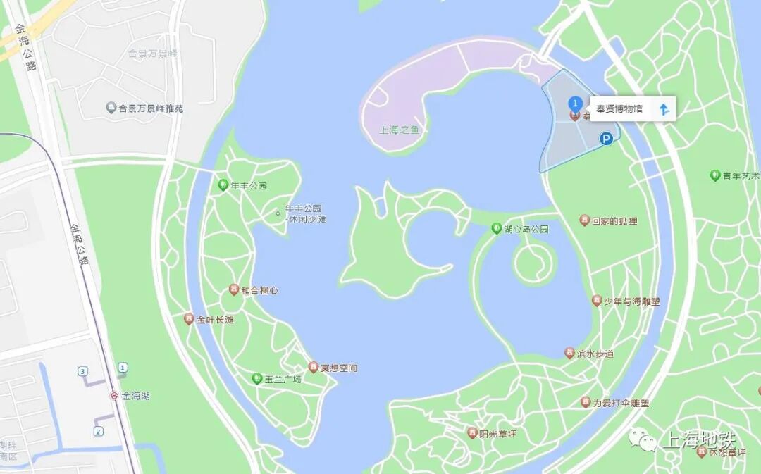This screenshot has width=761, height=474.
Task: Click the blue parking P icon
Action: point(606,139)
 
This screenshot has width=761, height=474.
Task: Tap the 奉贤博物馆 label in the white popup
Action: point(619,109)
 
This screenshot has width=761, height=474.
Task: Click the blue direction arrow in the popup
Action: point(663,109)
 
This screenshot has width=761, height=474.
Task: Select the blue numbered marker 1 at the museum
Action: point(575,104)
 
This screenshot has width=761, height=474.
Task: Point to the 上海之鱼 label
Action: point(399,130)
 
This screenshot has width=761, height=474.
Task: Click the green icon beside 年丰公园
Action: point(223,186)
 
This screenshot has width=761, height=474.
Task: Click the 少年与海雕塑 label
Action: point(631,301)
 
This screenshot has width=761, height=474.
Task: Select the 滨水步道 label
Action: point(595,354)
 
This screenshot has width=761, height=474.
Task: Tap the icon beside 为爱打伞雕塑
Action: point(585,402)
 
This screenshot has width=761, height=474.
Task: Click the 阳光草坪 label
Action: point(497,433)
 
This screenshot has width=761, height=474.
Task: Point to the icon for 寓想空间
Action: point(314,367)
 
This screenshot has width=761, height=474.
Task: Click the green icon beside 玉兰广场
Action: point(257,379)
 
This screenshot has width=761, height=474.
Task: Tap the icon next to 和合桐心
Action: point(233,289)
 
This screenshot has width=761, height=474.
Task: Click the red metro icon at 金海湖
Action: point(114,396)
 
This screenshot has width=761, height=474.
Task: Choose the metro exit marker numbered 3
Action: point(83,370)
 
